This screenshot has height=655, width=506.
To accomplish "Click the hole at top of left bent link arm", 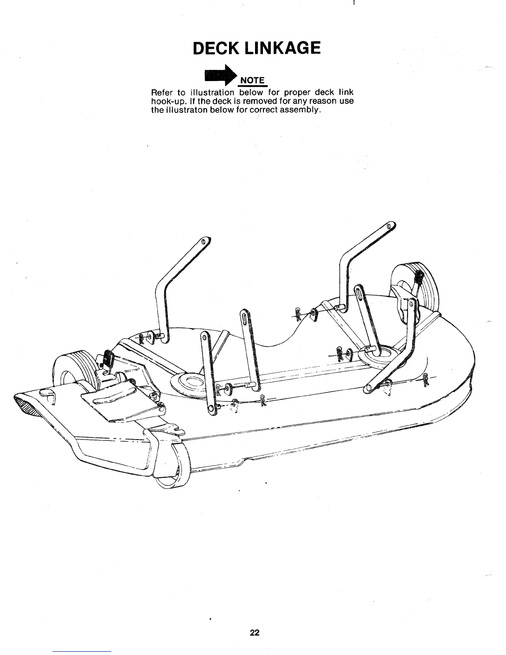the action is click(x=203, y=242).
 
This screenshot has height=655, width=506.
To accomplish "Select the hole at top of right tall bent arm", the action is click(x=389, y=227).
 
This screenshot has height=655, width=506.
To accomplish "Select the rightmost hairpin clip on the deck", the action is click(x=426, y=379).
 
